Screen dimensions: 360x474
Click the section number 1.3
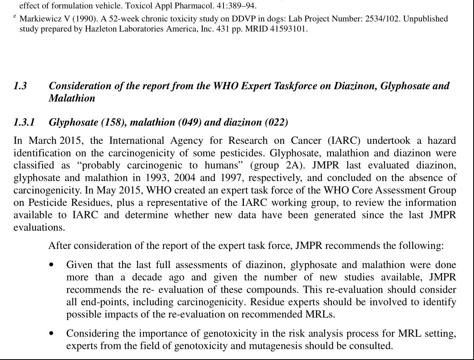(20, 86)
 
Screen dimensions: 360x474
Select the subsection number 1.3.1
(24, 123)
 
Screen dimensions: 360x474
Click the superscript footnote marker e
(15, 17)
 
